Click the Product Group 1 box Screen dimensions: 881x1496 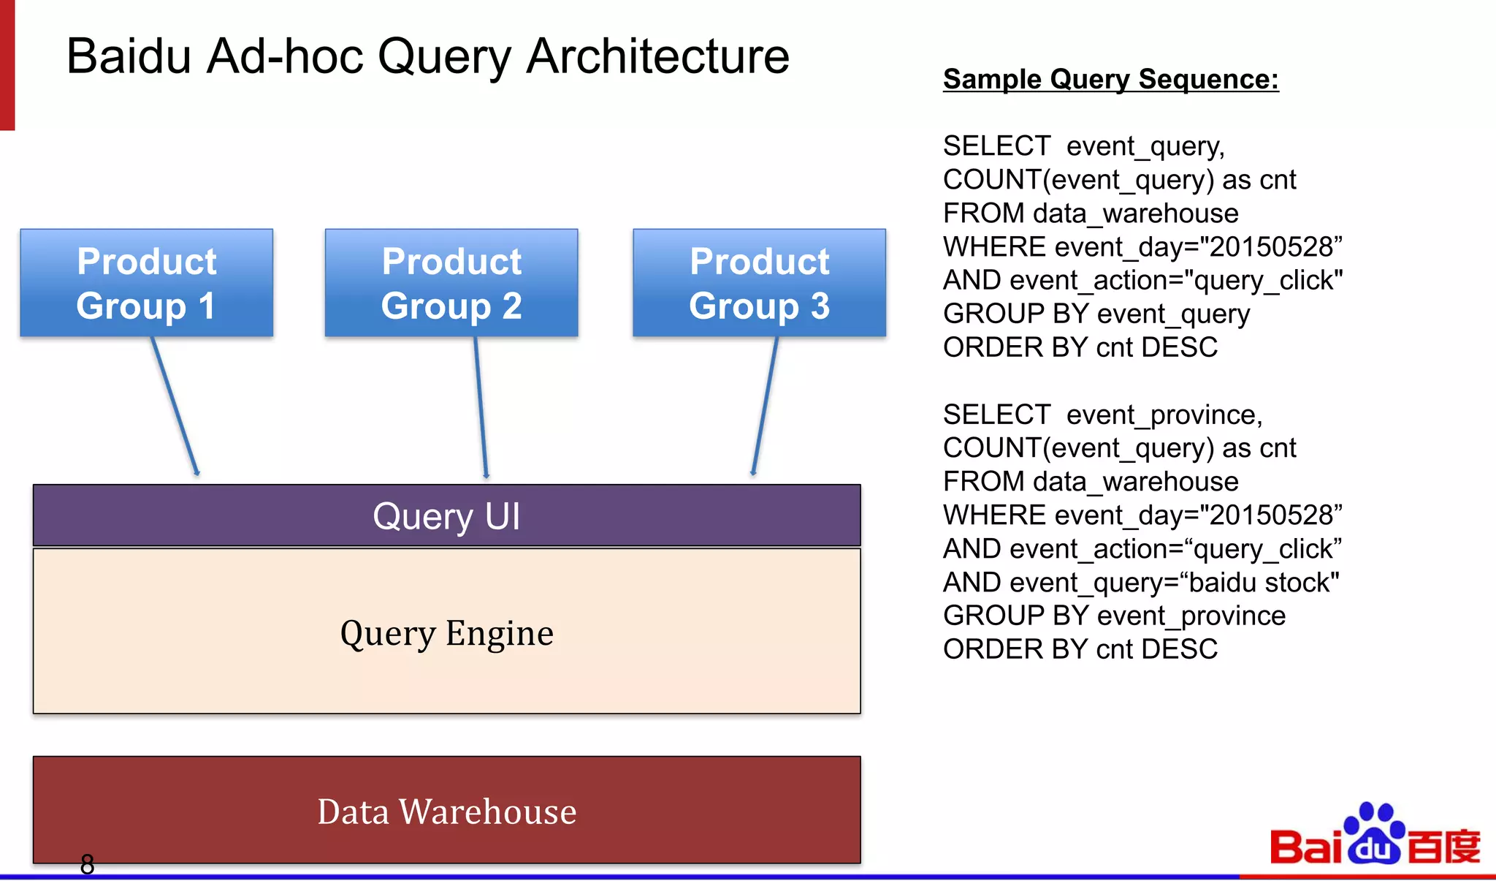pos(146,283)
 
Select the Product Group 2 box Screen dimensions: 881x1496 pos(451,283)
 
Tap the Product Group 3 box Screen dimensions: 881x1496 pos(759,283)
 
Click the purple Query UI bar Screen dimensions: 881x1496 pos(446,515)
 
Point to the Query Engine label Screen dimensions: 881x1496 pos(446,633)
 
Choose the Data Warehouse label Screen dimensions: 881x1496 pos(446,812)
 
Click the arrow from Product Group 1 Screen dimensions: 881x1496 pos(175,407)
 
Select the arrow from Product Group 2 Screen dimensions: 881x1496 pos(481,407)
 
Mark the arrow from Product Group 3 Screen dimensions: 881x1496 pos(765,407)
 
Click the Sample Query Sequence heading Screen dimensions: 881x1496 pos(1110,79)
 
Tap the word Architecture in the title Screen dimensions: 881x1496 pos(657,56)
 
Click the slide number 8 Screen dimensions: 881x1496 pos(87,864)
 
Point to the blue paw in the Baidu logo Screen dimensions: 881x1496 pos(1373,833)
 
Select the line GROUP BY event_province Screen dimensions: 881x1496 pos(1114,616)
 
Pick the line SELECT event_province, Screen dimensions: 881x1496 pos(1102,415)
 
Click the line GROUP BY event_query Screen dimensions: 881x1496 pos(1096,314)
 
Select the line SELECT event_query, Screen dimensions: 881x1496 pos(1083,146)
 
